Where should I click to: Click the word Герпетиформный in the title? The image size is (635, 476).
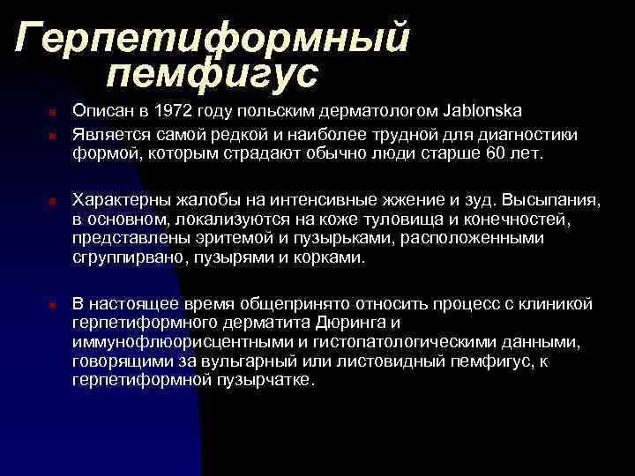[213, 37]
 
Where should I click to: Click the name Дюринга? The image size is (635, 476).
[351, 324]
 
